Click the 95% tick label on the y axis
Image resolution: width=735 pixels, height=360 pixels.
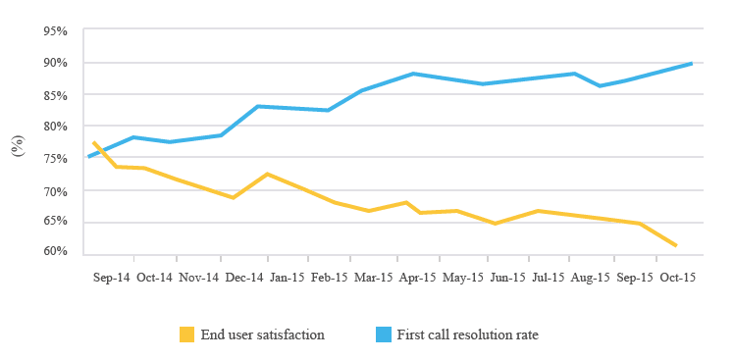pyautogui.click(x=55, y=31)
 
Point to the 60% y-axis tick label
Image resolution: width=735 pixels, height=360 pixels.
pyautogui.click(x=55, y=252)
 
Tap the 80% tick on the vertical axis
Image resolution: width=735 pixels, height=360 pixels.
pyautogui.click(x=55, y=127)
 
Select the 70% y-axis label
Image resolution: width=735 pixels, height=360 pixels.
pyautogui.click(x=55, y=189)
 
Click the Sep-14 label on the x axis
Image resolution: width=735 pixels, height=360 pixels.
pyautogui.click(x=111, y=278)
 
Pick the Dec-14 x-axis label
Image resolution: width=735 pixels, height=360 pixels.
pyautogui.click(x=241, y=278)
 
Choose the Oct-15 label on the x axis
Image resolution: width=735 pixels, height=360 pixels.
pyautogui.click(x=677, y=278)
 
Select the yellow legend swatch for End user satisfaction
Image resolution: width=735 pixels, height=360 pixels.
pyautogui.click(x=186, y=334)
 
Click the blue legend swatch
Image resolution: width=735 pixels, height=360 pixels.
pyautogui.click(x=383, y=334)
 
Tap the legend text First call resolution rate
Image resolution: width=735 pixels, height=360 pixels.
pyautogui.click(x=468, y=334)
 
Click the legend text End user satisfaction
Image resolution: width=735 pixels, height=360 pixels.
pyautogui.click(x=262, y=334)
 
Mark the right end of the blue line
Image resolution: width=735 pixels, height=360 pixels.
pyautogui.click(x=693, y=64)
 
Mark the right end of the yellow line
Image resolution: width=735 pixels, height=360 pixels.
pyautogui.click(x=676, y=245)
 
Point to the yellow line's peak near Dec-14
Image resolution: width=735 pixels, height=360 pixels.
pyautogui.click(x=267, y=174)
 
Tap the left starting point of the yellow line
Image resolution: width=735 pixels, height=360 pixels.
pyautogui.click(x=93, y=142)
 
